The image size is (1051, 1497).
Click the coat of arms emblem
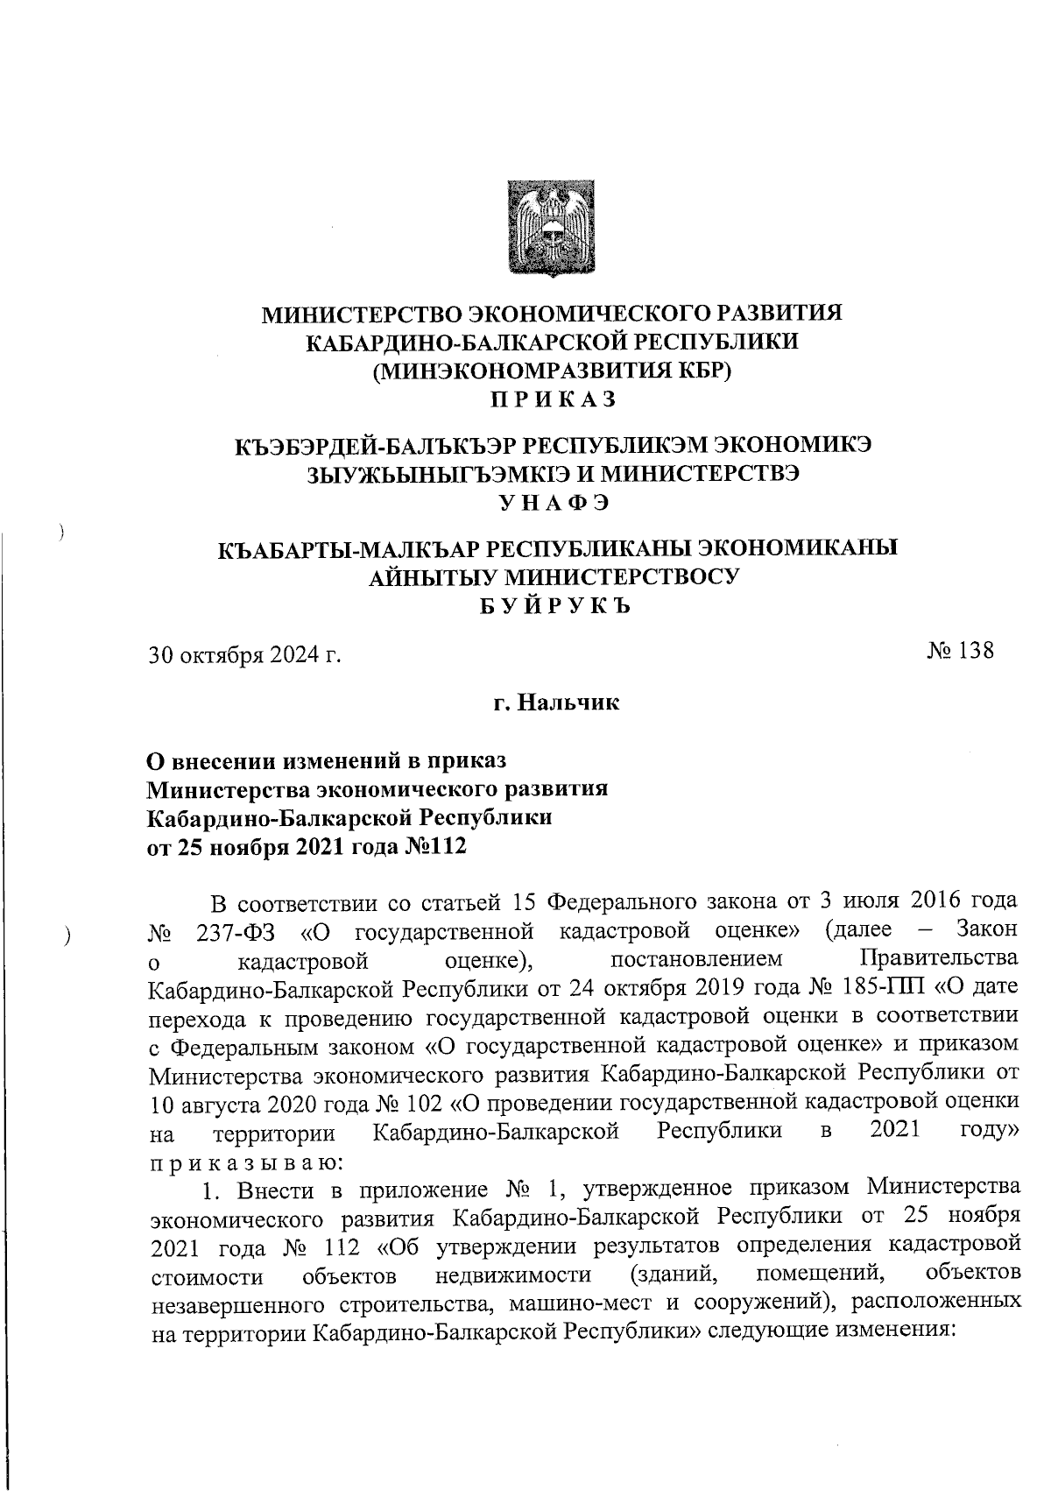[x=553, y=229]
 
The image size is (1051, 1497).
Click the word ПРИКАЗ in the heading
[x=553, y=399]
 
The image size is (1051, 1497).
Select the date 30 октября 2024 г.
[x=243, y=655]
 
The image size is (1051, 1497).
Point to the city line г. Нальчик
[x=555, y=702]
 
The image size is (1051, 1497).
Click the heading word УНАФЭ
[x=553, y=502]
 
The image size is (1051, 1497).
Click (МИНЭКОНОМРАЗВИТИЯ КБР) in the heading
[x=553, y=371]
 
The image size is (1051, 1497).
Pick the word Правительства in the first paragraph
[x=939, y=959]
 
